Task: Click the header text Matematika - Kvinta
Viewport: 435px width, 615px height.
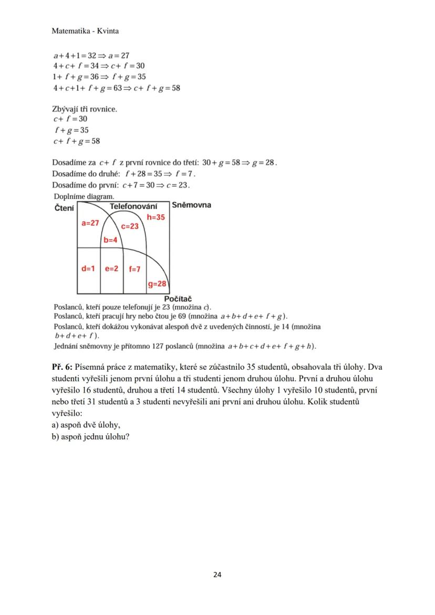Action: coord(85,31)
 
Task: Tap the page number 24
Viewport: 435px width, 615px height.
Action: coord(217,575)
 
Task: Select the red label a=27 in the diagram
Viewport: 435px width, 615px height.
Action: coord(90,223)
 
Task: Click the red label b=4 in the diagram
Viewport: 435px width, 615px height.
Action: coord(109,241)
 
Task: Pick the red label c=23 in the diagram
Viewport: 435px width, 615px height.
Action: coord(130,226)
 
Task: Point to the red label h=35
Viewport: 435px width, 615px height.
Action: coord(156,216)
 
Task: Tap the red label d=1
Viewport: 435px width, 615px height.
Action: coord(88,268)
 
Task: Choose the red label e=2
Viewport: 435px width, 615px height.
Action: coord(111,268)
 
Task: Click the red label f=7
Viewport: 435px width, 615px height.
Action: coord(134,269)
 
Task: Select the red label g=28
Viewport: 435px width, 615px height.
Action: coord(157,284)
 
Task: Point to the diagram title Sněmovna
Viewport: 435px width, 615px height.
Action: coord(191,205)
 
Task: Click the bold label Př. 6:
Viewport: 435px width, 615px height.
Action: coord(62,367)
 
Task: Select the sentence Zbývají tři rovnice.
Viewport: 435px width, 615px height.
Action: coord(85,109)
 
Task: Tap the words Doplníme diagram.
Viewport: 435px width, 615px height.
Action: coord(84,196)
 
